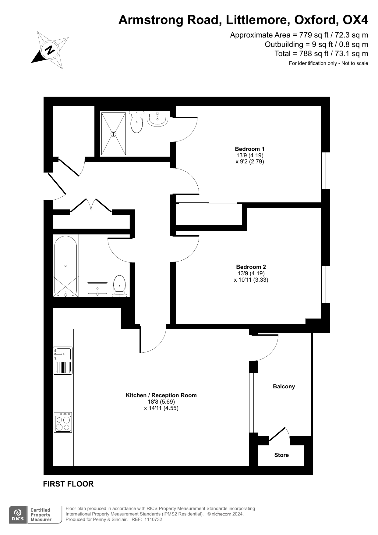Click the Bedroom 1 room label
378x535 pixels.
tap(249, 149)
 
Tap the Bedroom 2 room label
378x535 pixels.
tap(251, 267)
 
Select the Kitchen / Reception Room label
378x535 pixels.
tap(161, 395)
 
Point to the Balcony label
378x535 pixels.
tap(284, 386)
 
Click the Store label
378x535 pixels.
tap(281, 455)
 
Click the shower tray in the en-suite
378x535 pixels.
tap(114, 134)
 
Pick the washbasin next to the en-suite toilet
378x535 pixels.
tap(157, 119)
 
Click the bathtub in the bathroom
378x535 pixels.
tap(65, 266)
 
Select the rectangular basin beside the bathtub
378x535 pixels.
tap(97, 289)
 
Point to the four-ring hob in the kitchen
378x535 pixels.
tap(63, 422)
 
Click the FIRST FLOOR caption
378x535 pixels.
tap(68, 484)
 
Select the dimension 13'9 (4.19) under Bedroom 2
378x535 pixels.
tap(251, 273)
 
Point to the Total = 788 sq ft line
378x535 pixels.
tap(321, 54)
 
